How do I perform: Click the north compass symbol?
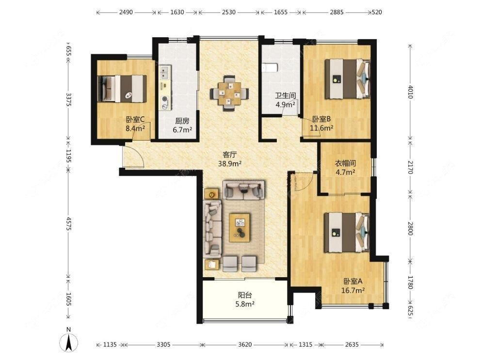[x=69, y=340]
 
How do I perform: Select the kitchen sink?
[x=165, y=73]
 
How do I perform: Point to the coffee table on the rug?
[x=240, y=228]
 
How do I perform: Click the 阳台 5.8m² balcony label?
[x=245, y=299]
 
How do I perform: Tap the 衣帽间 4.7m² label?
[x=345, y=167]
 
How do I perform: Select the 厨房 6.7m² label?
[x=182, y=125]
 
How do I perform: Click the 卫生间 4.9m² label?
[x=286, y=100]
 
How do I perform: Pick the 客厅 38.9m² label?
[x=230, y=159]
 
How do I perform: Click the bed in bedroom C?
[x=122, y=88]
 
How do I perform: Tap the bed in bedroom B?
[x=348, y=79]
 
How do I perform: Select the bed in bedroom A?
[x=348, y=233]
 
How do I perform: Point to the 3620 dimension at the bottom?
[x=245, y=344]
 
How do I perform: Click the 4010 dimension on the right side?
[x=411, y=92]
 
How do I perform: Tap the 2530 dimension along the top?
[x=229, y=12]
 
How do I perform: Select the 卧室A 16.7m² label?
[x=352, y=285]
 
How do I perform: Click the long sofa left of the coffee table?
[x=212, y=229]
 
